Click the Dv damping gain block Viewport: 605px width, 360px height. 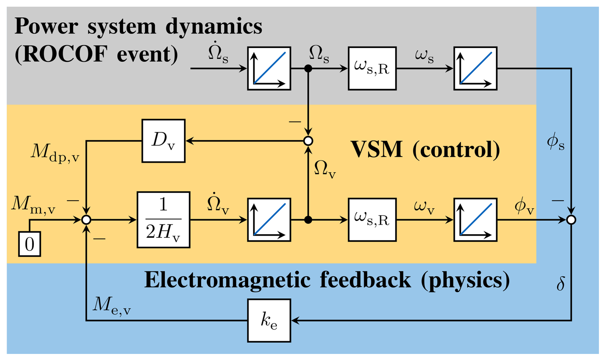(163, 141)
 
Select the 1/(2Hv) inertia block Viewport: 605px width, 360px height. (163, 220)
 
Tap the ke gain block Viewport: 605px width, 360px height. (269, 320)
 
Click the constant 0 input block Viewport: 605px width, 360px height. (29, 244)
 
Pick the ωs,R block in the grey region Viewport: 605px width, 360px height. (372, 68)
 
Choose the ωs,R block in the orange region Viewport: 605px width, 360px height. (372, 220)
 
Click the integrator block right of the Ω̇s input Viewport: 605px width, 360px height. (269, 68)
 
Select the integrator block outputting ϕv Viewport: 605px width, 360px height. (475, 220)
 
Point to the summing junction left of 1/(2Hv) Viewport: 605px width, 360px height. (86, 220)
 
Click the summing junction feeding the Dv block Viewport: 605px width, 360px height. (308, 141)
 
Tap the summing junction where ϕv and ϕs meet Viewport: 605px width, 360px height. (571, 220)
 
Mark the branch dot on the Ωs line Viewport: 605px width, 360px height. (308, 68)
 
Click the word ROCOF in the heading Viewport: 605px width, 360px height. (64, 54)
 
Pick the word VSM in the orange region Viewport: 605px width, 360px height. (377, 150)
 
